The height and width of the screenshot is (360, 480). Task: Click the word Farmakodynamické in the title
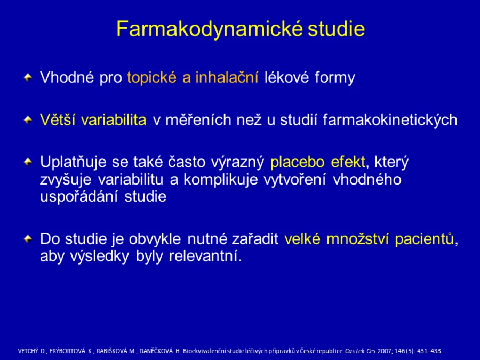point(210,30)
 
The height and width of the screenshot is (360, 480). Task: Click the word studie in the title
point(336,29)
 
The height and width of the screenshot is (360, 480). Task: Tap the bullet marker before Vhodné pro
point(28,77)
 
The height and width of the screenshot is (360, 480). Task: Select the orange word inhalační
point(227,77)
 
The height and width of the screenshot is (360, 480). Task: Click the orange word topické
point(151,78)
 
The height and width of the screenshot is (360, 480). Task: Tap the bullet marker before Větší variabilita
point(28,119)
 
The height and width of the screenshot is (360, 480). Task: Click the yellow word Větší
point(58,119)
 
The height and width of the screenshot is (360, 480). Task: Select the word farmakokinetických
point(390,120)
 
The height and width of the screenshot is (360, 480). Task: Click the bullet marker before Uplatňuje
point(28,162)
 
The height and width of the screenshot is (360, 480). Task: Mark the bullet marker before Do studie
point(28,239)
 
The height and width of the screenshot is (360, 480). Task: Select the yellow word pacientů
point(425,239)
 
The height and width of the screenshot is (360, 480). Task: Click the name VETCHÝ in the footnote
point(28,351)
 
